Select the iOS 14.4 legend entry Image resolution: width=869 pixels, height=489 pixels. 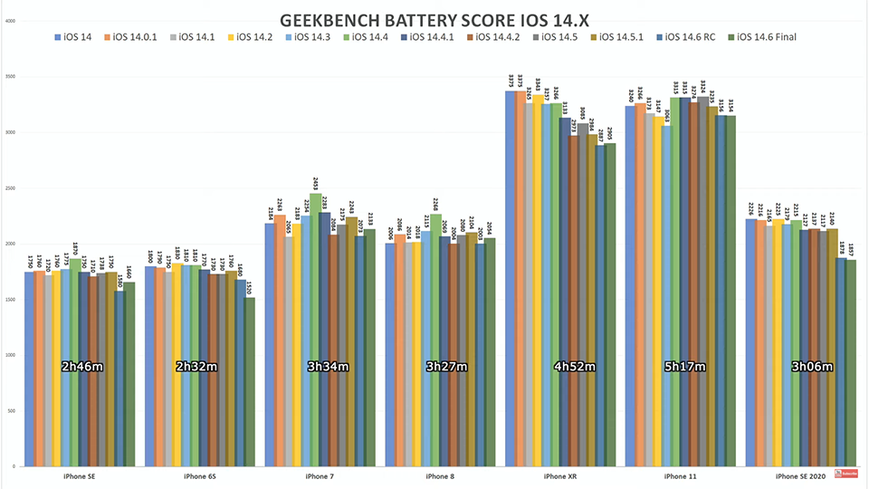coord(370,37)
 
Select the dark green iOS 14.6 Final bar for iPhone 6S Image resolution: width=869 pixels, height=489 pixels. coord(250,380)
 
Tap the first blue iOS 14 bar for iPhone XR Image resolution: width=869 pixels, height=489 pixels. coord(511,272)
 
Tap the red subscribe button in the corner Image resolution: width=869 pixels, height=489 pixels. coord(846,472)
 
